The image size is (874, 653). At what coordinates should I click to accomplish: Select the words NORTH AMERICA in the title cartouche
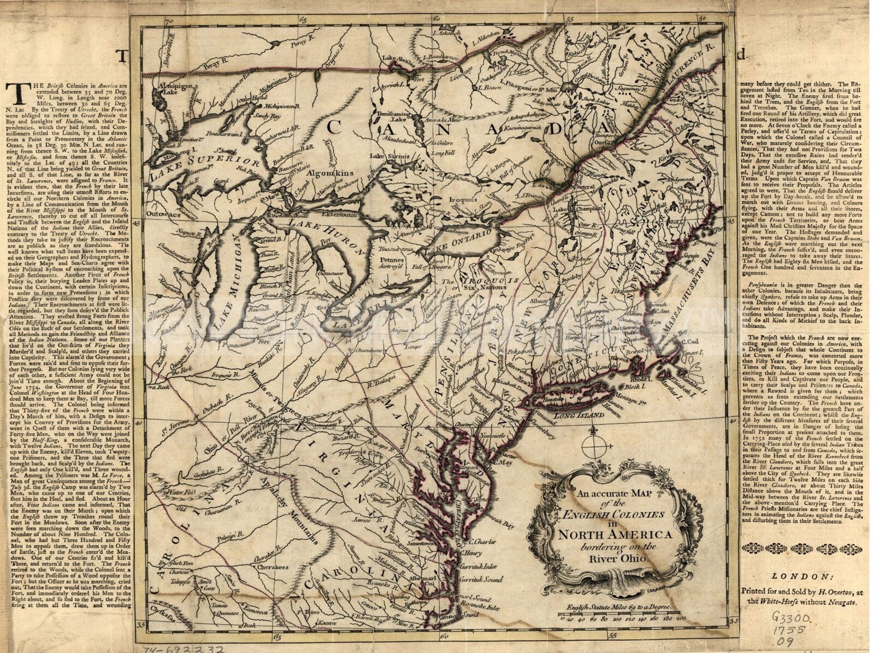tap(615, 534)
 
